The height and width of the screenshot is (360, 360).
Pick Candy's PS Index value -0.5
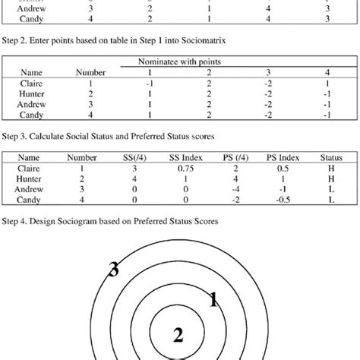point(279,200)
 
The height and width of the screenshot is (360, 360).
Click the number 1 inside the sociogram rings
point(213,301)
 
